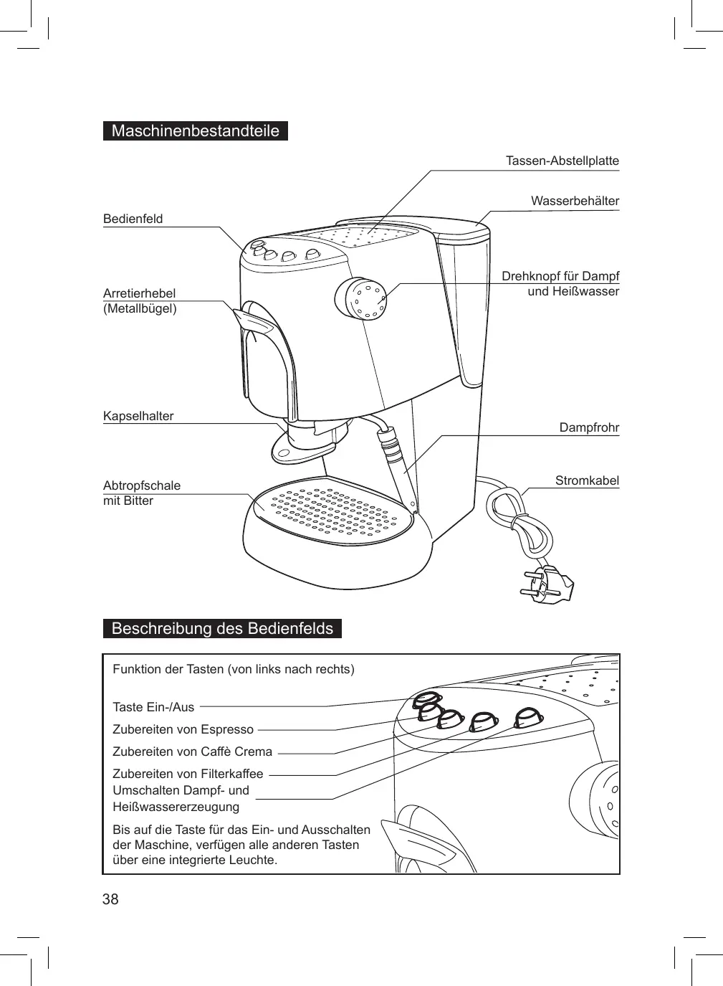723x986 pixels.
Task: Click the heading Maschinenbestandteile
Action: coord(195,131)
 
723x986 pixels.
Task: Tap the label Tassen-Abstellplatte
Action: coord(562,161)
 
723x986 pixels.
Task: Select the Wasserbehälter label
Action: coord(575,201)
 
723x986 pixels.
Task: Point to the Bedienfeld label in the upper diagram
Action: coord(133,219)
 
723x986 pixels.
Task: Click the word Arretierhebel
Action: coord(139,293)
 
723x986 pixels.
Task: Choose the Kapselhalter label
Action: coord(138,416)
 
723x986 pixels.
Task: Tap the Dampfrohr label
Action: coord(589,427)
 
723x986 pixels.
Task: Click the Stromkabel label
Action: coord(587,480)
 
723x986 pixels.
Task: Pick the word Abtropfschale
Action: coord(142,485)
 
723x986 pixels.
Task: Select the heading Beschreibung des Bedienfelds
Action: coord(222,629)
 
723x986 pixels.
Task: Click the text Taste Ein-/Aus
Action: coord(153,707)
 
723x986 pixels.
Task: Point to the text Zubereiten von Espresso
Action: coord(183,729)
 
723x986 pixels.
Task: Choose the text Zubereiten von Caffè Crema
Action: coord(192,752)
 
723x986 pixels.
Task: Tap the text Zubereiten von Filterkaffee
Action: coord(188,774)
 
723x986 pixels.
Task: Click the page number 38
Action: coord(110,899)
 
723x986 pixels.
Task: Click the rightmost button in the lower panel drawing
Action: coord(529,716)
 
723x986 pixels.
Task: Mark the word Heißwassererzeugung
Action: coord(176,807)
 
